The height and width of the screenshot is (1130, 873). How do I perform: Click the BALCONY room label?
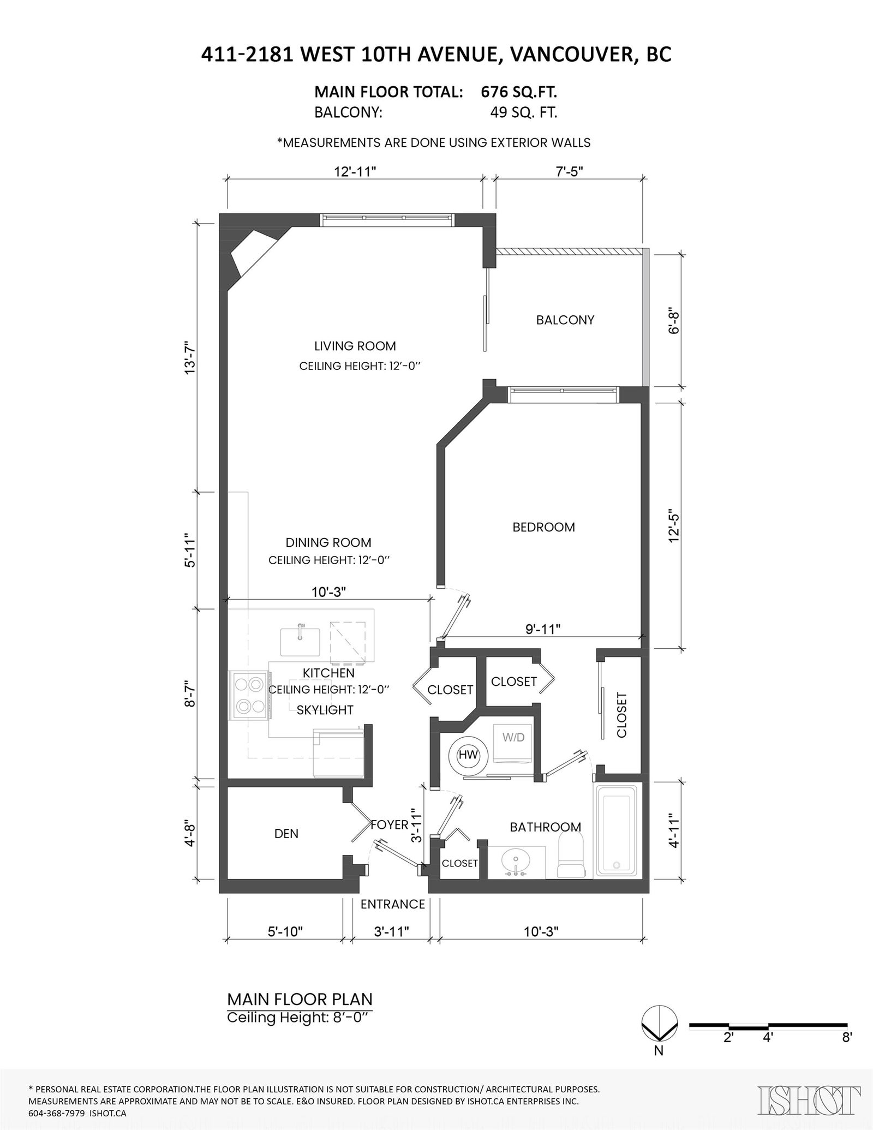565,320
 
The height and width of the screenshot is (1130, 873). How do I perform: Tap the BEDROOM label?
543,527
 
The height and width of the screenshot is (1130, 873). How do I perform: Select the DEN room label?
286,833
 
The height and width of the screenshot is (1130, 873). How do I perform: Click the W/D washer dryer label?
513,737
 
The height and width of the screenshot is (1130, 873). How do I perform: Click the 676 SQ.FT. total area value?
519,92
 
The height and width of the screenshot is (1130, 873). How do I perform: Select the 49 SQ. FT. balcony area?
524,113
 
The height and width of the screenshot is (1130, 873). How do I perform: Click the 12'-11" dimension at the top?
355,172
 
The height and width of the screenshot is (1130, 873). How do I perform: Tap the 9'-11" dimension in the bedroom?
543,629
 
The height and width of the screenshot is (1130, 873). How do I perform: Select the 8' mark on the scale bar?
847,1037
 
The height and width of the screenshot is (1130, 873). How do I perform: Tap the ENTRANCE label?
393,904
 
